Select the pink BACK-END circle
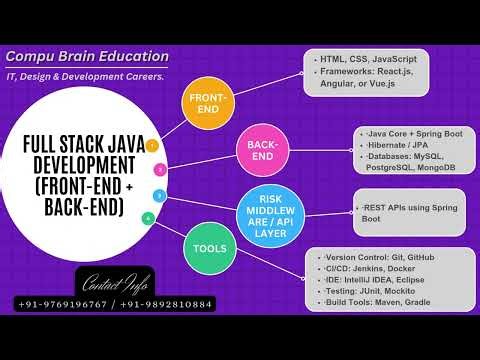click(255, 152)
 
